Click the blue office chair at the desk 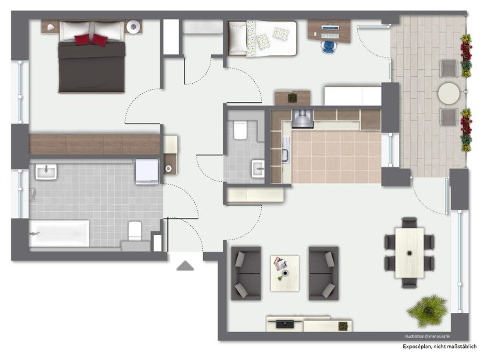(x=329, y=47)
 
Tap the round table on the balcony (x=449, y=93)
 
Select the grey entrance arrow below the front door (x=185, y=266)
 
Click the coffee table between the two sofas (x=285, y=273)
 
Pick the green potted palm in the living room (x=428, y=311)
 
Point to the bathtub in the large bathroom (x=59, y=233)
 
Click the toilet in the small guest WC (x=240, y=130)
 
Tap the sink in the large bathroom (x=46, y=172)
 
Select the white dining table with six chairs (x=410, y=253)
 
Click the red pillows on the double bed (x=91, y=40)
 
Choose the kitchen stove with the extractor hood (x=302, y=119)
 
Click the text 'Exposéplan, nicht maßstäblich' (x=439, y=347)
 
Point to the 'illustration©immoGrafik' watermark (x=427, y=337)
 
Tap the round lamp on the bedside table (x=134, y=27)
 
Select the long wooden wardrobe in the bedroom (x=94, y=145)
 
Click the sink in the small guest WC (x=258, y=169)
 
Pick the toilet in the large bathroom (x=135, y=231)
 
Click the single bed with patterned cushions (x=263, y=38)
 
